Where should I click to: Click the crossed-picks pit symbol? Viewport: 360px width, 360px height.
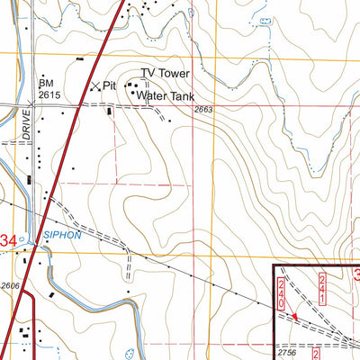[96, 85]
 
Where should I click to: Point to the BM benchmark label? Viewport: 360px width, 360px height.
[45, 82]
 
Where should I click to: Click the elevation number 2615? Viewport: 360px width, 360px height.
[49, 94]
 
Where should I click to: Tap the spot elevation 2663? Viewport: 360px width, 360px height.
[205, 110]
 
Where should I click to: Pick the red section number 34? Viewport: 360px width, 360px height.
[8, 240]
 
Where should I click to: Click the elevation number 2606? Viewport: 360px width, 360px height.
[11, 284]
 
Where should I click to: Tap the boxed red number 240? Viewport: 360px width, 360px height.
[282, 294]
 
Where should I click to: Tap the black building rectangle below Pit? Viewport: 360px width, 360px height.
[110, 112]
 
